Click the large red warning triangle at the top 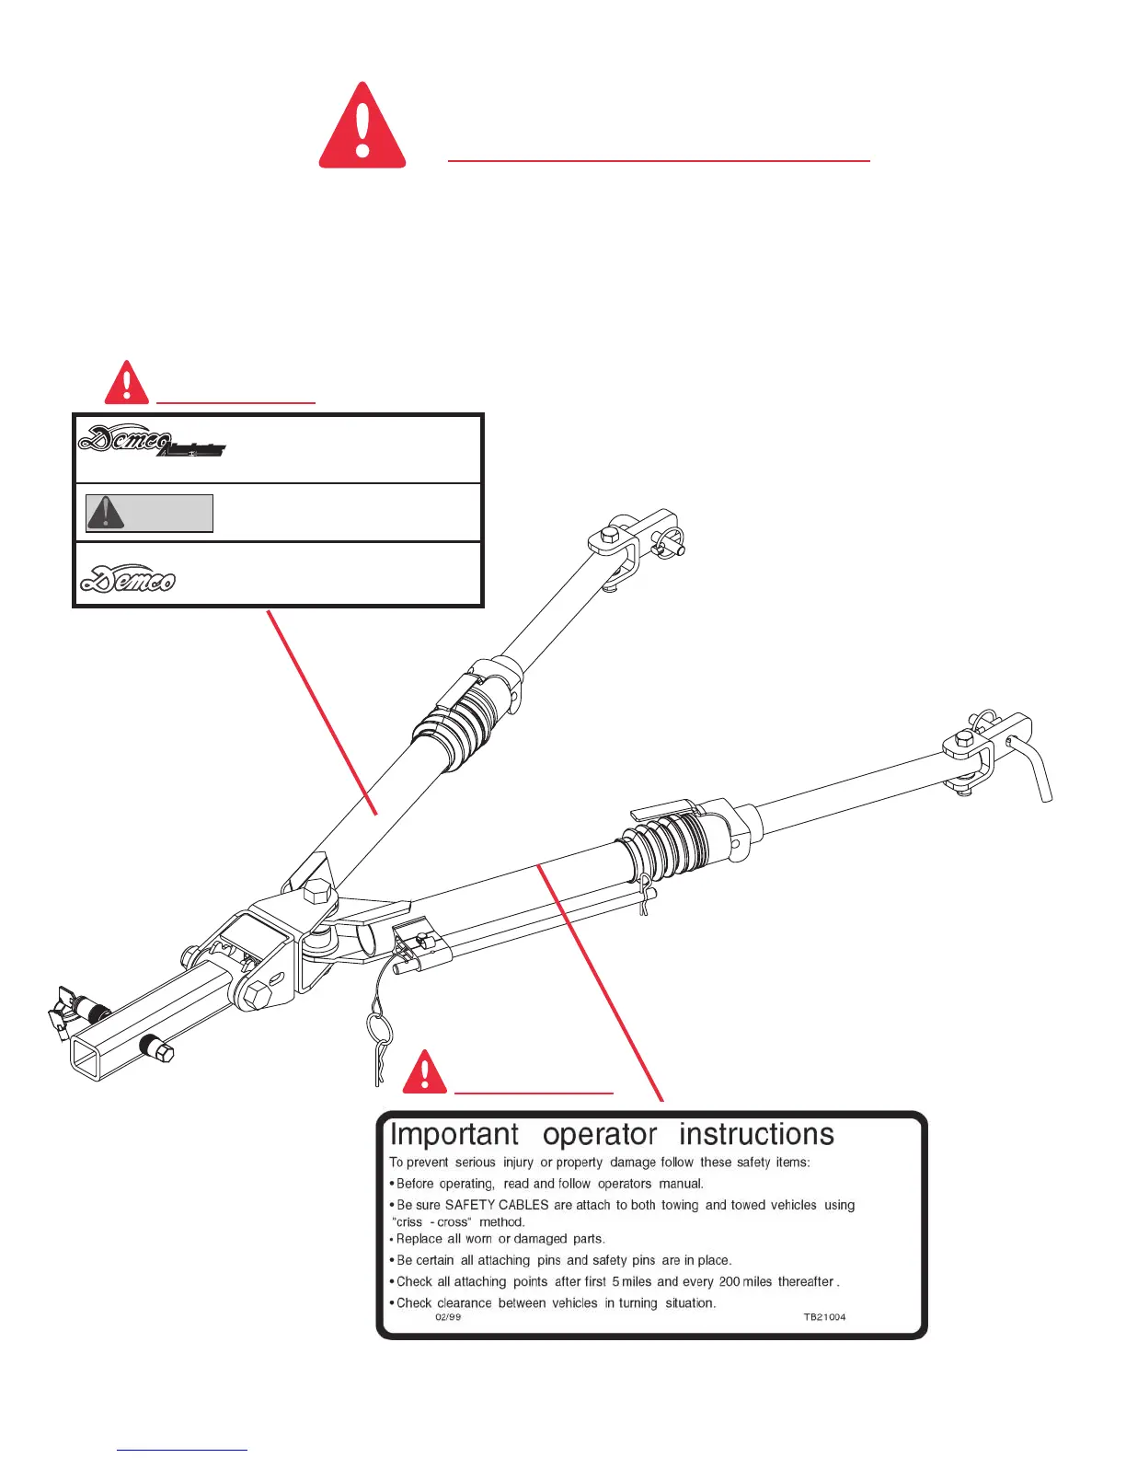click(x=362, y=127)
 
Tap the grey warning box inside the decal click(x=149, y=513)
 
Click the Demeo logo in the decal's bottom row click(x=128, y=577)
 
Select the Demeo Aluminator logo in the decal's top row click(x=151, y=442)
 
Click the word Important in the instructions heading click(x=454, y=1134)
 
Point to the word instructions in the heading click(x=756, y=1134)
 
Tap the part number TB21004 click(x=824, y=1317)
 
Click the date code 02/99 click(x=448, y=1317)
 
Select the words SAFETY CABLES click(x=497, y=1205)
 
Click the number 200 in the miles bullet click(x=730, y=1281)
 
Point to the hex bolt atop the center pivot click(x=316, y=891)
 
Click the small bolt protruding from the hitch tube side click(x=155, y=1049)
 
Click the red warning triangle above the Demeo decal click(x=127, y=383)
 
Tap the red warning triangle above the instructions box click(x=424, y=1072)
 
